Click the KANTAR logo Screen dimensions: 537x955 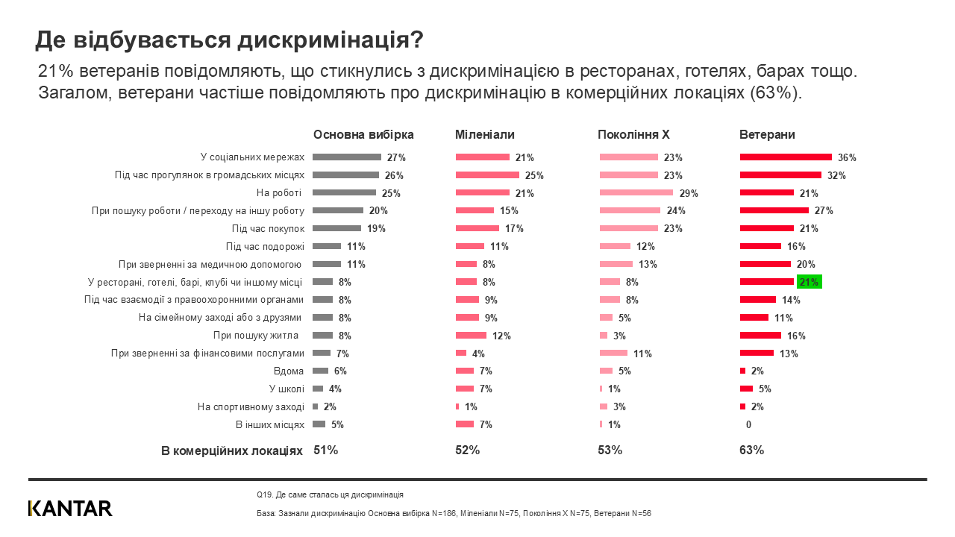(70, 509)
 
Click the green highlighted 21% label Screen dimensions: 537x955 (810, 282)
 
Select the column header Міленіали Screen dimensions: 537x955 (485, 135)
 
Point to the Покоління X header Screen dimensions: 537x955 (633, 135)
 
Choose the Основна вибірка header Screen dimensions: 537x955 (363, 135)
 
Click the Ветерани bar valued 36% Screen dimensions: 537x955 (786, 157)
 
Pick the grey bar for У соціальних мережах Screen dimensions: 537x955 (347, 157)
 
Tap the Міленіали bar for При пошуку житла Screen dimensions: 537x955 (471, 336)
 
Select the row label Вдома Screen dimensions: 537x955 (289, 371)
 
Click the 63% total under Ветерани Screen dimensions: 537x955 (751, 450)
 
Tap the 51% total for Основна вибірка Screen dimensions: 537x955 (325, 450)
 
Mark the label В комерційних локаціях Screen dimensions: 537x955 (232, 451)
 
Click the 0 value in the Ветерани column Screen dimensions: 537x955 (748, 424)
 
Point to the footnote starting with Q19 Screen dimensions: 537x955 (329, 494)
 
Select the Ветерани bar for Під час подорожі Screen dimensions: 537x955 (760, 246)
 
